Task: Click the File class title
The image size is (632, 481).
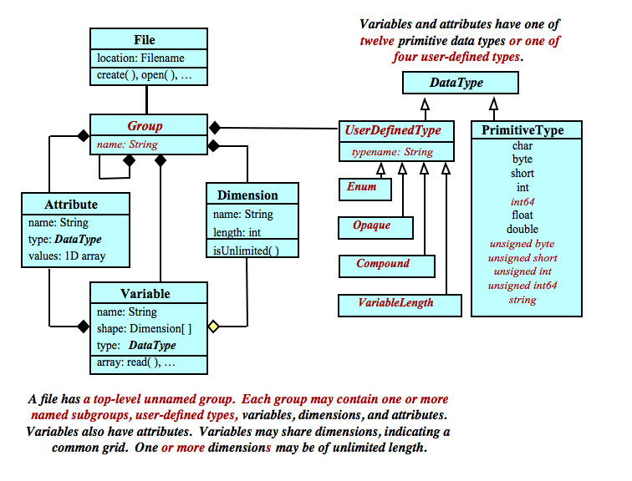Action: pos(145,40)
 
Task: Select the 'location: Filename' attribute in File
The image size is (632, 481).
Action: pos(136,58)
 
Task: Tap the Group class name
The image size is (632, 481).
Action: pos(145,126)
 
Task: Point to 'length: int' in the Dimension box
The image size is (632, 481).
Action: pos(237,233)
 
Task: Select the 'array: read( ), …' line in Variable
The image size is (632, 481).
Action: pos(136,363)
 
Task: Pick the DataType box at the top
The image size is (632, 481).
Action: pos(456,83)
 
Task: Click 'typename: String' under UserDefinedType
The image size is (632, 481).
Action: pos(392,152)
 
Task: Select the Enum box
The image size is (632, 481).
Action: pos(362,187)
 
